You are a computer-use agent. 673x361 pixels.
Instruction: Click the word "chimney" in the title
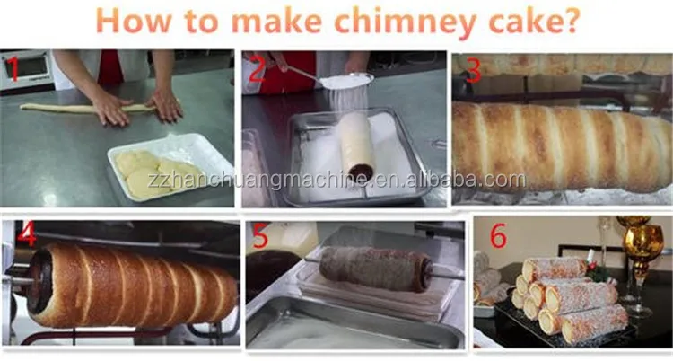point(406,22)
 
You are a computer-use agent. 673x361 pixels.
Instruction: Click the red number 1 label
point(13,70)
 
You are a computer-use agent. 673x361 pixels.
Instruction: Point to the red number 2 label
point(257,70)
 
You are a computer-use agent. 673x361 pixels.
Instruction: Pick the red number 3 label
point(473,70)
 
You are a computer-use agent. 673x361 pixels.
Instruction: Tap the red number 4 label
point(27,234)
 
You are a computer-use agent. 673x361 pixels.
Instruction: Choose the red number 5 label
point(260,236)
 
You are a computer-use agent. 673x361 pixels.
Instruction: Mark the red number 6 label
point(498,235)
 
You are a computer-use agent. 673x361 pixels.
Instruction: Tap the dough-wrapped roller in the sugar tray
point(357,145)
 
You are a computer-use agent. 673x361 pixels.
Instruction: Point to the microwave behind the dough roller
point(27,70)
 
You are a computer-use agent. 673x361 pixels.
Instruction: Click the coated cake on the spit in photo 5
point(376,269)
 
